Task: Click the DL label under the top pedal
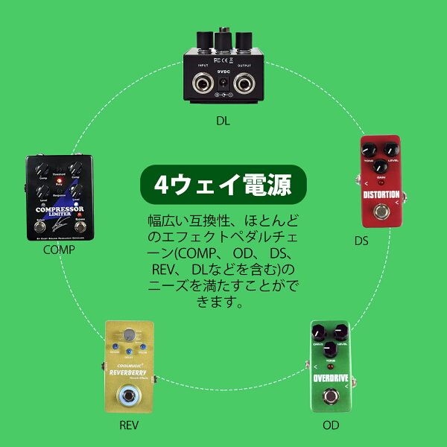click(x=223, y=119)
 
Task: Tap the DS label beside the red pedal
click(x=361, y=241)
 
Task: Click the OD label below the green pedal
click(x=331, y=425)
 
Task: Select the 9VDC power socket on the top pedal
click(x=222, y=94)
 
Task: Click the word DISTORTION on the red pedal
click(x=381, y=197)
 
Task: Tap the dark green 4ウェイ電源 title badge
click(x=223, y=183)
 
